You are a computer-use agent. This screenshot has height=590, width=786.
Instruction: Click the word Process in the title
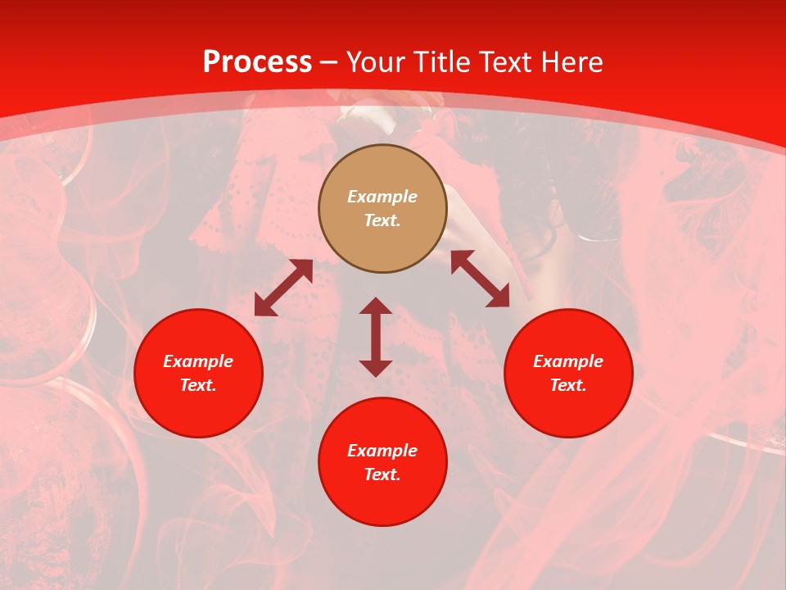tap(257, 62)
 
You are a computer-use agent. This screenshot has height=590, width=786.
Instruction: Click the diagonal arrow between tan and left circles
tap(283, 288)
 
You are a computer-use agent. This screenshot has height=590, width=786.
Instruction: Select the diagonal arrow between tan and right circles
tap(480, 279)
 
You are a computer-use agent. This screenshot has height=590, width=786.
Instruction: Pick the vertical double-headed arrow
tap(376, 337)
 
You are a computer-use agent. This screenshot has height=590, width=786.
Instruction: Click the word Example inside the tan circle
tap(382, 197)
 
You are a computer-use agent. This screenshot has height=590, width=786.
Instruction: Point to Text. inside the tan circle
tap(382, 220)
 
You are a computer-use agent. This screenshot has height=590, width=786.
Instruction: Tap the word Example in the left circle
tap(198, 361)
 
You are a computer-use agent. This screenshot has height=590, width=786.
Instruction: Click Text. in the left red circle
tap(198, 385)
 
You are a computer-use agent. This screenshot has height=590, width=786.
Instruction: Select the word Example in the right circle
tap(568, 361)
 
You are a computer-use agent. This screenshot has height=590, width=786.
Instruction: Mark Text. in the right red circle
tap(568, 385)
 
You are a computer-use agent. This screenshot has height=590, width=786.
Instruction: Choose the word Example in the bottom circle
tap(382, 451)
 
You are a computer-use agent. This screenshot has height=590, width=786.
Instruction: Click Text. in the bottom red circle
tap(382, 474)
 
